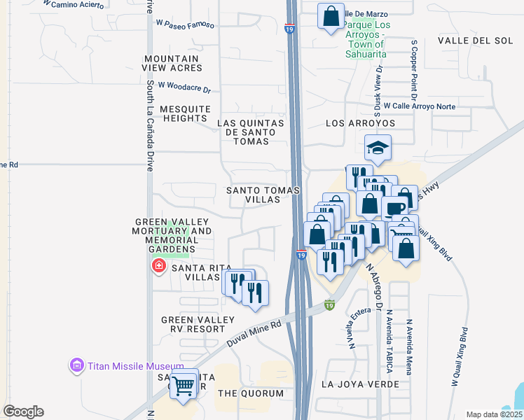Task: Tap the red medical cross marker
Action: [x=159, y=266]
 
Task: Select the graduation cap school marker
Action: [x=378, y=148]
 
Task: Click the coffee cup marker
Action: [x=394, y=209]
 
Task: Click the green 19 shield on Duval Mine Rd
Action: [x=329, y=304]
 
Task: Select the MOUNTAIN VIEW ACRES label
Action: [x=172, y=63]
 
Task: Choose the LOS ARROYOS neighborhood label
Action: [x=361, y=123]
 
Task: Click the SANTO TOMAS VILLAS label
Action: [x=263, y=195]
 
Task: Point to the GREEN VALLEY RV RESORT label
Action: [x=198, y=324]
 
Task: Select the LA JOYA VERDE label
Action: [x=352, y=384]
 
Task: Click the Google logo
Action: [x=23, y=412]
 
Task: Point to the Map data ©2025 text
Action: [x=494, y=414]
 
